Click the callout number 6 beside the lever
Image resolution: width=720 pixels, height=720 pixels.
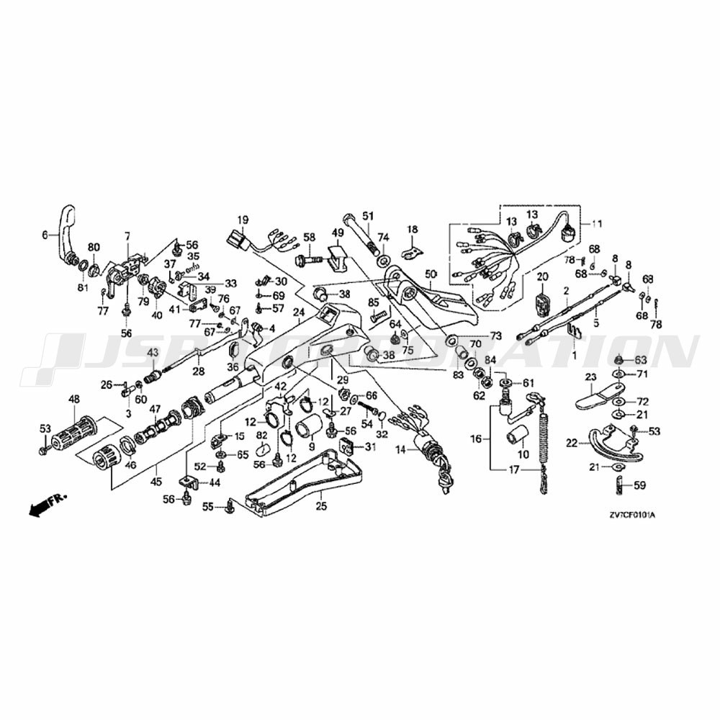pyautogui.click(x=45, y=234)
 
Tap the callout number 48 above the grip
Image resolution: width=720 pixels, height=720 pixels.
pyautogui.click(x=73, y=400)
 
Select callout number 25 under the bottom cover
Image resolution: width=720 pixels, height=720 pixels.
pyautogui.click(x=320, y=506)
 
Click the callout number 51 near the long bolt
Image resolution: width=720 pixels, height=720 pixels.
pyautogui.click(x=369, y=216)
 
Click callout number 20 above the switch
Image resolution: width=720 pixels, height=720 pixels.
pyautogui.click(x=542, y=277)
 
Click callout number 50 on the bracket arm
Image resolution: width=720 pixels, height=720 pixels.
pyautogui.click(x=431, y=274)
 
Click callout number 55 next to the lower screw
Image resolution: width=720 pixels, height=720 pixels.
pyautogui.click(x=208, y=508)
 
